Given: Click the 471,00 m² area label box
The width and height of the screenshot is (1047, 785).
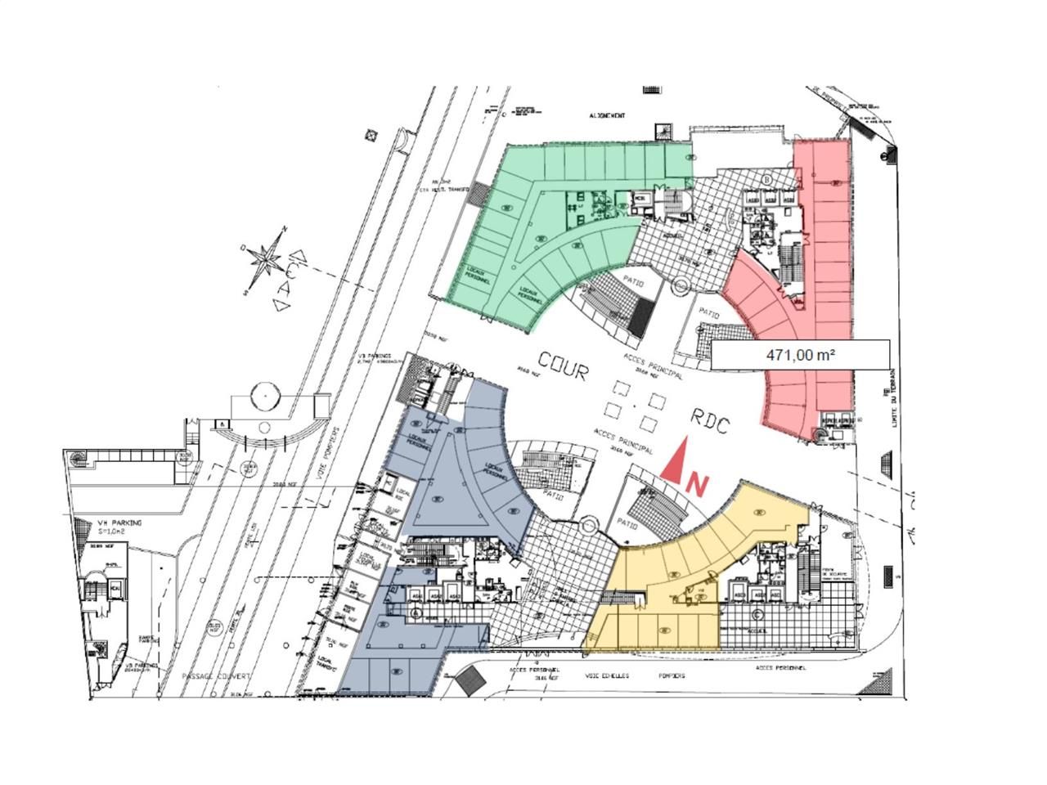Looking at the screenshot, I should point(799,355).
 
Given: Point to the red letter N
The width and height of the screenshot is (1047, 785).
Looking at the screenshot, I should point(698,485).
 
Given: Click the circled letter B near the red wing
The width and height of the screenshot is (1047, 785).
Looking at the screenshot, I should point(768,179).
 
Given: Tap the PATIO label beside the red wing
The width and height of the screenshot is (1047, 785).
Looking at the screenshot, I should point(708,313).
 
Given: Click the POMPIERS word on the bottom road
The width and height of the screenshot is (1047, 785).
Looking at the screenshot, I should point(671,676).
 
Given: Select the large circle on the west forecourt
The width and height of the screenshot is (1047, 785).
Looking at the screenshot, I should point(266,397).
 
